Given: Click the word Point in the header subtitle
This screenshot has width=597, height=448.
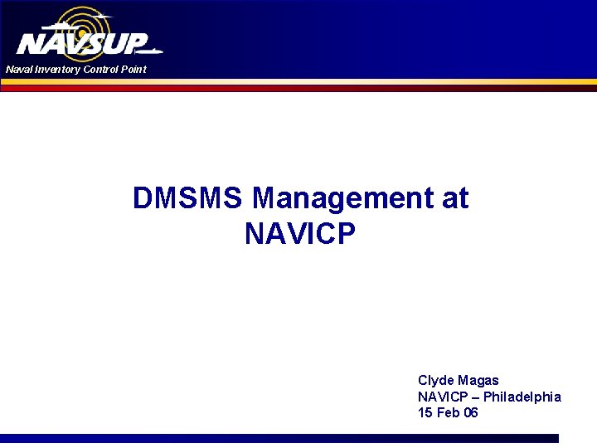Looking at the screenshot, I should (x=133, y=70).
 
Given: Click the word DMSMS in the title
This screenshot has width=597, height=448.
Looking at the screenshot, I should (x=188, y=199).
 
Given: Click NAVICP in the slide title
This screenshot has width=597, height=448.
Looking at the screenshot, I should (x=300, y=235).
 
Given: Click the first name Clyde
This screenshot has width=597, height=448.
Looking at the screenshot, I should (x=436, y=381).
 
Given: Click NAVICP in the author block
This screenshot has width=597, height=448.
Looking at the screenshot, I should (x=441, y=397).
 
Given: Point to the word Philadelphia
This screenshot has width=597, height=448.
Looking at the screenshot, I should (x=522, y=397).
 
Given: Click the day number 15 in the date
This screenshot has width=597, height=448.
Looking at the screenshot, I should (x=425, y=412).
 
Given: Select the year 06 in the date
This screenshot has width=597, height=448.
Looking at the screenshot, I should (x=471, y=412).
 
